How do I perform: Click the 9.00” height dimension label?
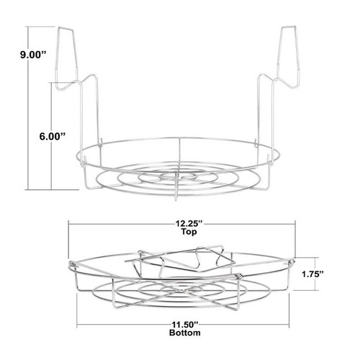tap(32, 55)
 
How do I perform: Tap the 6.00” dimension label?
tap(52, 137)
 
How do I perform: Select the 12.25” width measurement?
tap(189, 224)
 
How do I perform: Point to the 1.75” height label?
tap(312, 274)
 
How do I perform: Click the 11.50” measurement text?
tap(185, 325)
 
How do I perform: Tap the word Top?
tap(189, 232)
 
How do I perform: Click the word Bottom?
tap(185, 333)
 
